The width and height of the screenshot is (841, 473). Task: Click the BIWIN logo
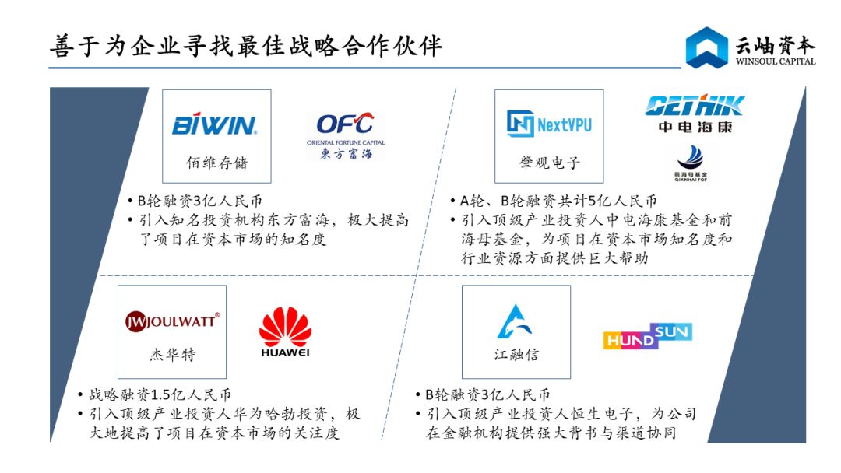coord(214,124)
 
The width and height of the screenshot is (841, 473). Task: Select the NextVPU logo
coord(550,124)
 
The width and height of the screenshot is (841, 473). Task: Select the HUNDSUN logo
coord(648,336)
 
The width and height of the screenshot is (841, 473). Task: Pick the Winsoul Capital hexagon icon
coord(706,47)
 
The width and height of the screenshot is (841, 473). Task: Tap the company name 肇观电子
coord(550,163)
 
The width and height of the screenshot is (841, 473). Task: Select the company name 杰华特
coord(172,355)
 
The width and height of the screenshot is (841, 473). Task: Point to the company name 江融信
coord(516,355)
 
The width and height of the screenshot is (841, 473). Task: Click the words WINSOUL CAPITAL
coord(776,61)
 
